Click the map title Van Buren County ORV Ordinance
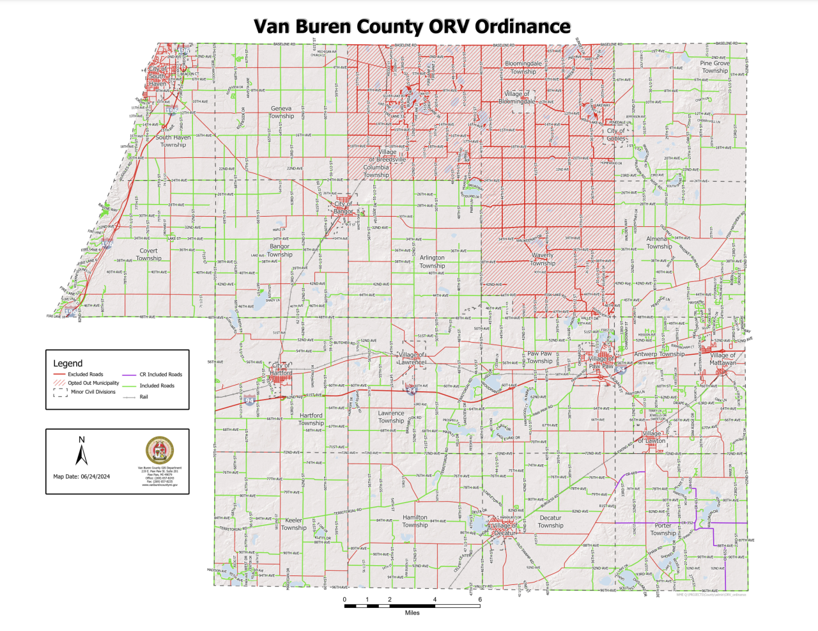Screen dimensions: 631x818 (x=412, y=26)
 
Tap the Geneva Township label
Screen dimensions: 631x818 (x=281, y=113)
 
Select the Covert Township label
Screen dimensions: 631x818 (x=148, y=254)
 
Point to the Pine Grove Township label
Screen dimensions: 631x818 (x=714, y=67)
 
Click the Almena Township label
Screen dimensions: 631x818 (x=658, y=242)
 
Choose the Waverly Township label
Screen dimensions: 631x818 (x=543, y=259)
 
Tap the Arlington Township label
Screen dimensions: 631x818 (x=432, y=261)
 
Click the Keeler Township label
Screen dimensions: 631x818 (x=293, y=524)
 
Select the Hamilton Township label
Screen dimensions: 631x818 (x=415, y=521)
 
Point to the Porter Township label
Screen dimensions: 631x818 (x=663, y=529)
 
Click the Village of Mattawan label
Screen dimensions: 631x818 (x=723, y=359)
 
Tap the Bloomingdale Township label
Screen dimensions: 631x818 (x=523, y=67)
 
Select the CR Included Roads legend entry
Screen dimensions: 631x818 (x=160, y=375)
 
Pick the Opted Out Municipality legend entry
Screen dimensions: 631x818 (x=93, y=383)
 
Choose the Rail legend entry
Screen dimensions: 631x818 (x=144, y=397)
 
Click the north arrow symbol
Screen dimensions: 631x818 (x=81, y=452)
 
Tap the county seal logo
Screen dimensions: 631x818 (x=159, y=450)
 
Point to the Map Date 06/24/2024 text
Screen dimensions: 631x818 (x=81, y=476)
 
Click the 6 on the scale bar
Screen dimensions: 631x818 (x=480, y=600)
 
